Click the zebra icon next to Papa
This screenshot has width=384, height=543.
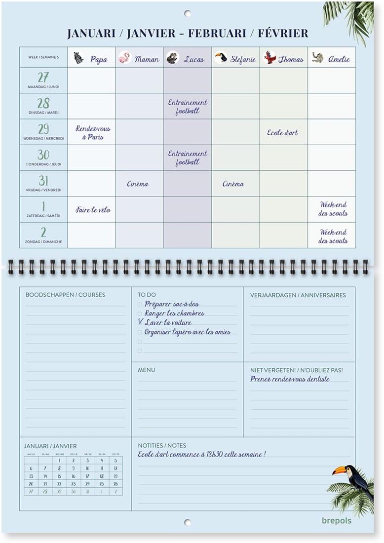coord(79,58)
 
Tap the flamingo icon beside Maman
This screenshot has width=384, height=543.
coord(124,58)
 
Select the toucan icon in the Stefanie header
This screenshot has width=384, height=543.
coord(221,58)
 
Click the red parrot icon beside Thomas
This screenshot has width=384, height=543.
coord(269,58)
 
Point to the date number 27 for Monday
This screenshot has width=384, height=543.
coord(43,78)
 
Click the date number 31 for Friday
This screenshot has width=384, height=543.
coord(43,181)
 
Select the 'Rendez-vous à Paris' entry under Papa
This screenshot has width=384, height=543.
coord(93,133)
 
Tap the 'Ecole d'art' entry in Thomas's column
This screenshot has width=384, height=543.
coord(282,133)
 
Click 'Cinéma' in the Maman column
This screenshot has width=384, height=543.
coord(137,184)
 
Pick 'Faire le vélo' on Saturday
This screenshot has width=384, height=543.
coord(93,210)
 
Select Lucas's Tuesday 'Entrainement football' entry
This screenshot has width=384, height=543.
coord(188,107)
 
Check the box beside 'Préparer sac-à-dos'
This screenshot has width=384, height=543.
coord(140,305)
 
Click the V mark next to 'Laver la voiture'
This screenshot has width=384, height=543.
coord(140,322)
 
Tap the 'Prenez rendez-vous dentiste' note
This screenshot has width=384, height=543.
coord(290,379)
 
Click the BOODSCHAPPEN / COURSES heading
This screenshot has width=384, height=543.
coord(65,295)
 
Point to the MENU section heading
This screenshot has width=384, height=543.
coord(147,370)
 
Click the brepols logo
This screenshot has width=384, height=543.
coord(337,520)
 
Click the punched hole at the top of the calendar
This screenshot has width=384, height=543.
coord(188,13)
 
